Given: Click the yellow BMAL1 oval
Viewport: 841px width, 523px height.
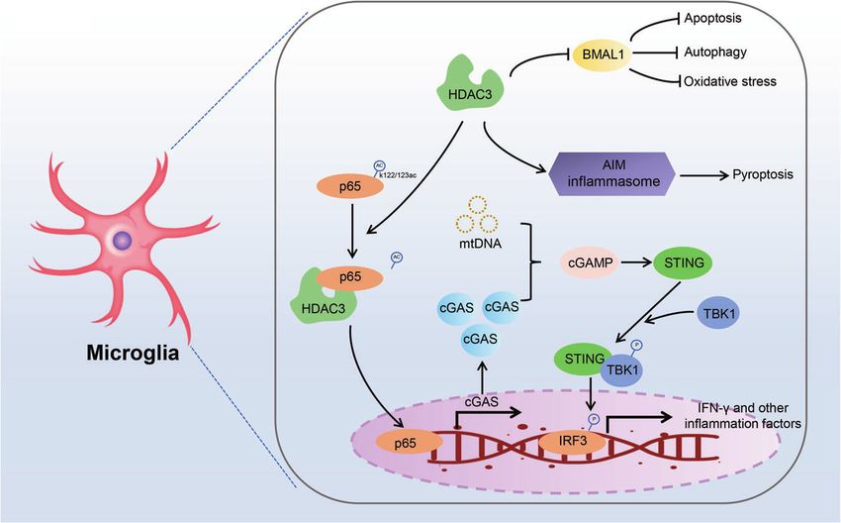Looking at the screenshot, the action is point(603,53).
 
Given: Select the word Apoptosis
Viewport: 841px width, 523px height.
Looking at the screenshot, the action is point(712,18).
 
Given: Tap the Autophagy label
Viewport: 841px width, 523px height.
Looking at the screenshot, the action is point(715,52).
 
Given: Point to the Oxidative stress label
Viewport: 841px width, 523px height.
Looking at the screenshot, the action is point(730,81).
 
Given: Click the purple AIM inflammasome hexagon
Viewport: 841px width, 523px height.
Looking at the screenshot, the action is point(613,173).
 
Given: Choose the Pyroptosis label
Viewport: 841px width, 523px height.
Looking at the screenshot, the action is point(763,174).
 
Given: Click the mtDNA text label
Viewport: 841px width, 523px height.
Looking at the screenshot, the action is point(480,244).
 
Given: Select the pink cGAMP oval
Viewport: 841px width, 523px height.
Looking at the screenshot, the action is point(590,262).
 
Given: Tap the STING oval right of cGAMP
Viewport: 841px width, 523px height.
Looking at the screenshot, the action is point(684,262).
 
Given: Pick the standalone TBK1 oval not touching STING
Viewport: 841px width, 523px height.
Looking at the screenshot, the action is point(718,314).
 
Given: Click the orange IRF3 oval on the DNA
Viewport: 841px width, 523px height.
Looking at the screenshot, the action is point(573,442).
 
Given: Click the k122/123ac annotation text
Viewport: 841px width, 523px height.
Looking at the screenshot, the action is point(398,174).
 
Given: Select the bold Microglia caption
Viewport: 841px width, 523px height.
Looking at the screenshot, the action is point(133,353).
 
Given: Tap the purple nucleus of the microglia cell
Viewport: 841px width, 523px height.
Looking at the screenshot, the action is point(123,240).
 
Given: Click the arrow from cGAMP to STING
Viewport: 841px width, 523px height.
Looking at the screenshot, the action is point(635,262).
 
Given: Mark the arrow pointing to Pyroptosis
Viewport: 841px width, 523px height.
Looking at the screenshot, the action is point(704,175).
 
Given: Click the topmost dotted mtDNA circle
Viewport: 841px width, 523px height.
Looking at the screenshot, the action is point(477,205).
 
